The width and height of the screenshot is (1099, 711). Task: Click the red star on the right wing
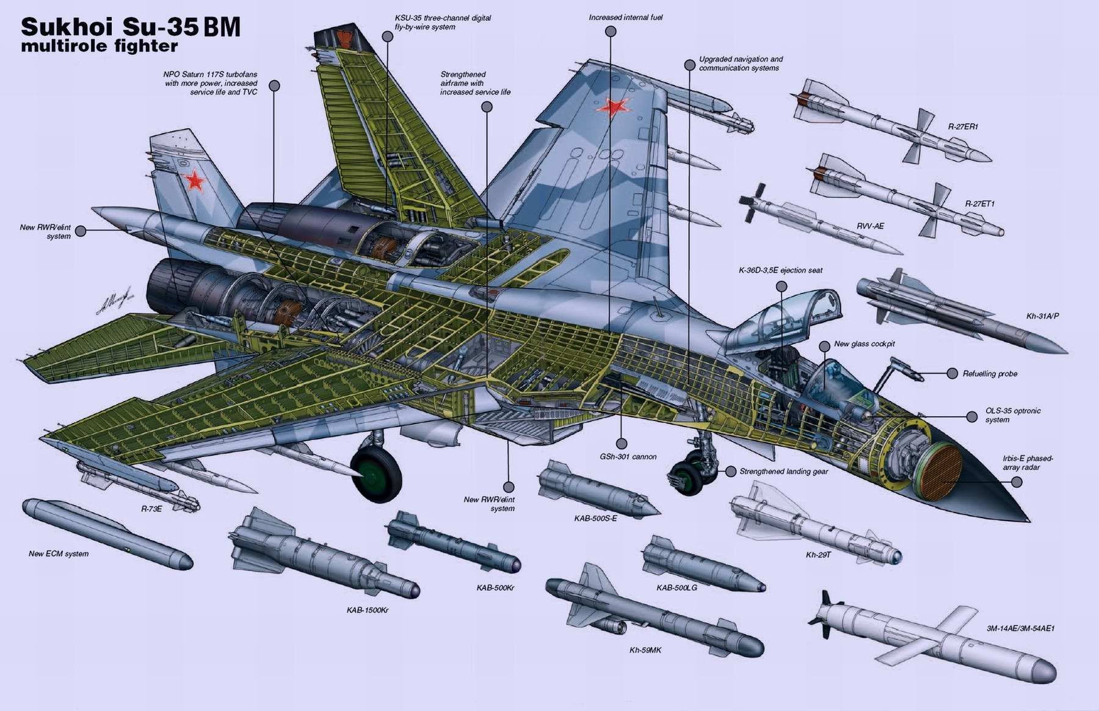612,107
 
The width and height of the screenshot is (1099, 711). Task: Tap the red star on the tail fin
195,180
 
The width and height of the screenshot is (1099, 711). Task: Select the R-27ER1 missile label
963,127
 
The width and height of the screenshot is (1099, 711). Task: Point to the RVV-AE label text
870,226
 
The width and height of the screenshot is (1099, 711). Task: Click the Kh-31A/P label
1042,316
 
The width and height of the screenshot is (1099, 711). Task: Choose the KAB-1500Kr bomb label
368,610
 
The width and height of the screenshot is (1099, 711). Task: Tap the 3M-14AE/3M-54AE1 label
1020,628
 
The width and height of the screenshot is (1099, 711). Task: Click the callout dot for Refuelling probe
952,374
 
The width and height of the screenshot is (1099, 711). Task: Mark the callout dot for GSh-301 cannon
622,444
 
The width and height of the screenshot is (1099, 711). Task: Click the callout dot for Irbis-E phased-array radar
1017,482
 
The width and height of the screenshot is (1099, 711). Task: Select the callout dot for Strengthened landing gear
731,471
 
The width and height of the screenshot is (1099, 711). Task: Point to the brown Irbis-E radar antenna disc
937,469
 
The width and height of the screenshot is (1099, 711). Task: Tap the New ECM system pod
107,535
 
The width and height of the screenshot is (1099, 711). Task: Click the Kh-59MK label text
645,650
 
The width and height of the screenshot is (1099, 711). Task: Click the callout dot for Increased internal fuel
611,32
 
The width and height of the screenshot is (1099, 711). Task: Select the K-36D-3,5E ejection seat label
780,270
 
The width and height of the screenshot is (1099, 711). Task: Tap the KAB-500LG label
676,587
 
